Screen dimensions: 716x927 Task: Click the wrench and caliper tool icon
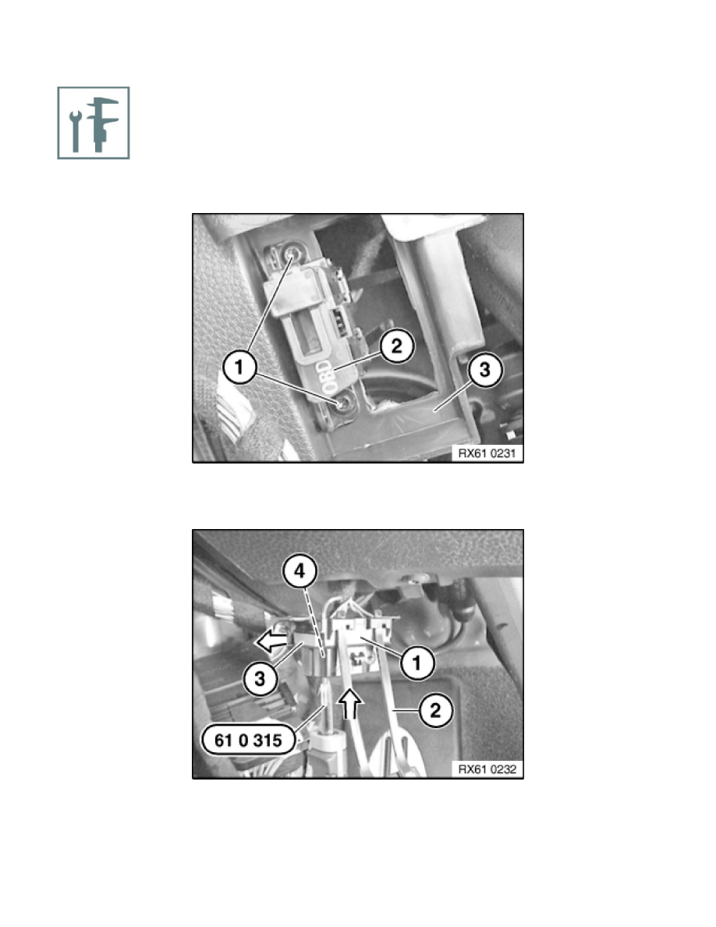[94, 123]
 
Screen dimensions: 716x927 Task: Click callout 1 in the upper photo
[239, 368]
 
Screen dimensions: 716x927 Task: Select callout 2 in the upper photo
[397, 345]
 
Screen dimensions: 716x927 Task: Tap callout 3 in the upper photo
[485, 370]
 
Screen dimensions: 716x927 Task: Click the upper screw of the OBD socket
[291, 255]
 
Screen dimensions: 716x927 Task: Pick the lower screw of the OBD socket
[342, 403]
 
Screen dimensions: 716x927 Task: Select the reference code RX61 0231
[487, 453]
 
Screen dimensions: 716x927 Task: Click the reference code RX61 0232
[487, 769]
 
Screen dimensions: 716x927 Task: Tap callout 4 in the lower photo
[300, 571]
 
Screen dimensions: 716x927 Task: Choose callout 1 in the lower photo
[417, 662]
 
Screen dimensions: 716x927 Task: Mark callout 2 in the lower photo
[435, 710]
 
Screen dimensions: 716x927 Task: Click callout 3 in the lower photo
[260, 679]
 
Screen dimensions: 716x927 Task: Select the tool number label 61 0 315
[248, 741]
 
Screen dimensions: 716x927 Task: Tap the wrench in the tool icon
[75, 130]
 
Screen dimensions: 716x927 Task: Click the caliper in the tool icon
[102, 124]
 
